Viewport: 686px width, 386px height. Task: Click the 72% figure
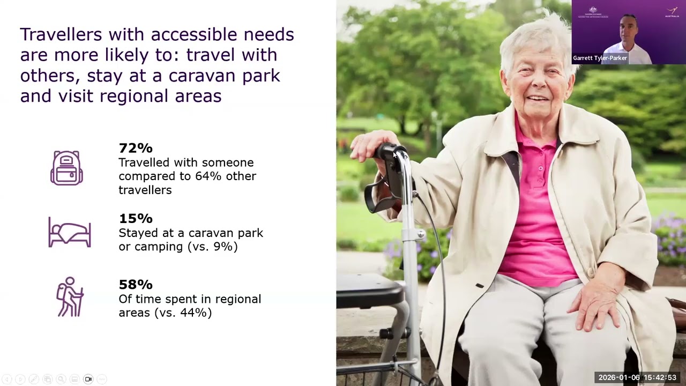click(x=136, y=148)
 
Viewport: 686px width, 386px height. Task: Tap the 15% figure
click(x=136, y=219)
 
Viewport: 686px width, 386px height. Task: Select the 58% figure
click(x=136, y=285)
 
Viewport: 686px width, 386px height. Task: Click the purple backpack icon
click(x=66, y=168)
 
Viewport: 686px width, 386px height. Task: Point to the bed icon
click(x=70, y=233)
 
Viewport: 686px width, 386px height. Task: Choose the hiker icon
click(x=70, y=297)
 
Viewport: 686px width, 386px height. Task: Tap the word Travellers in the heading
click(x=61, y=35)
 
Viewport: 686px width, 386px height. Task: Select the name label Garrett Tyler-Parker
click(x=600, y=58)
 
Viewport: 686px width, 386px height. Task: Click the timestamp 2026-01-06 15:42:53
click(x=637, y=377)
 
